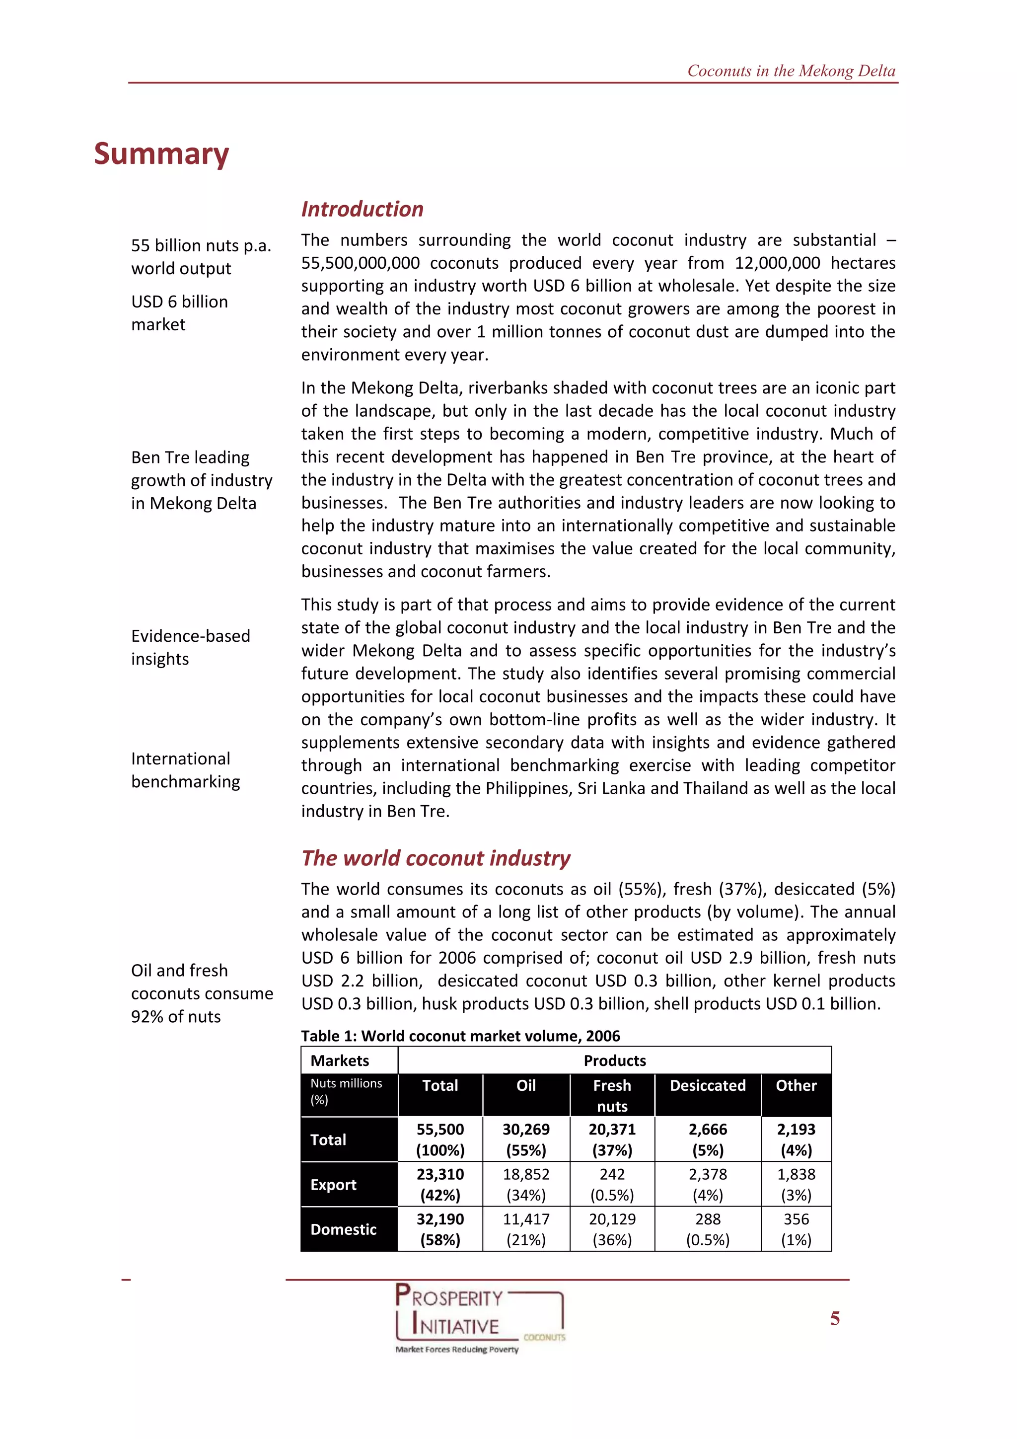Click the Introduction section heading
[x=362, y=209]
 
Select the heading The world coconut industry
[x=436, y=858]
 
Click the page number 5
[x=835, y=1319]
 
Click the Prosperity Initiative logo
[x=479, y=1317]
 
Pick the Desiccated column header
[x=708, y=1085]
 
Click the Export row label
[x=333, y=1185]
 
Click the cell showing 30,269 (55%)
[x=526, y=1139]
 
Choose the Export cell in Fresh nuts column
[x=612, y=1185]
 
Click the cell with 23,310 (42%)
[x=440, y=1185]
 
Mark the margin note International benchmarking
[x=186, y=770]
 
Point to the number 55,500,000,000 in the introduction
[x=361, y=263]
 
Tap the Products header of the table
[x=614, y=1060]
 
